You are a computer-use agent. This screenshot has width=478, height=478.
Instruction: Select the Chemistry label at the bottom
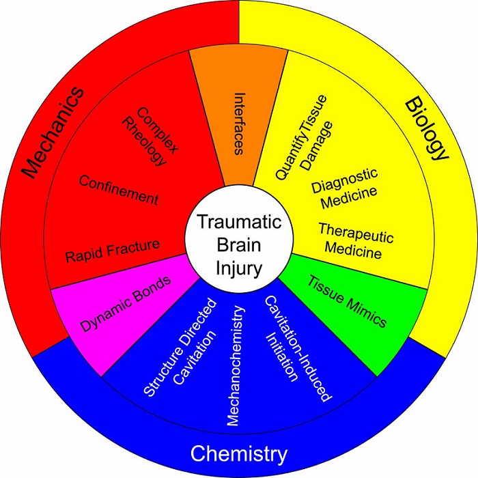click(238, 453)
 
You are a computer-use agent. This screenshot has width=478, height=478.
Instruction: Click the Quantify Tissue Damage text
click(301, 137)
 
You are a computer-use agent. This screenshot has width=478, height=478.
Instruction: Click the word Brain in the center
click(238, 245)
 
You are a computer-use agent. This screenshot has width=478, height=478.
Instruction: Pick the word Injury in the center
click(238, 268)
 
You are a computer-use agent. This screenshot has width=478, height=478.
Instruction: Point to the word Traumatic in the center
click(238, 223)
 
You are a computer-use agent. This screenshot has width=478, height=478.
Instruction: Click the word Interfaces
click(238, 124)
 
